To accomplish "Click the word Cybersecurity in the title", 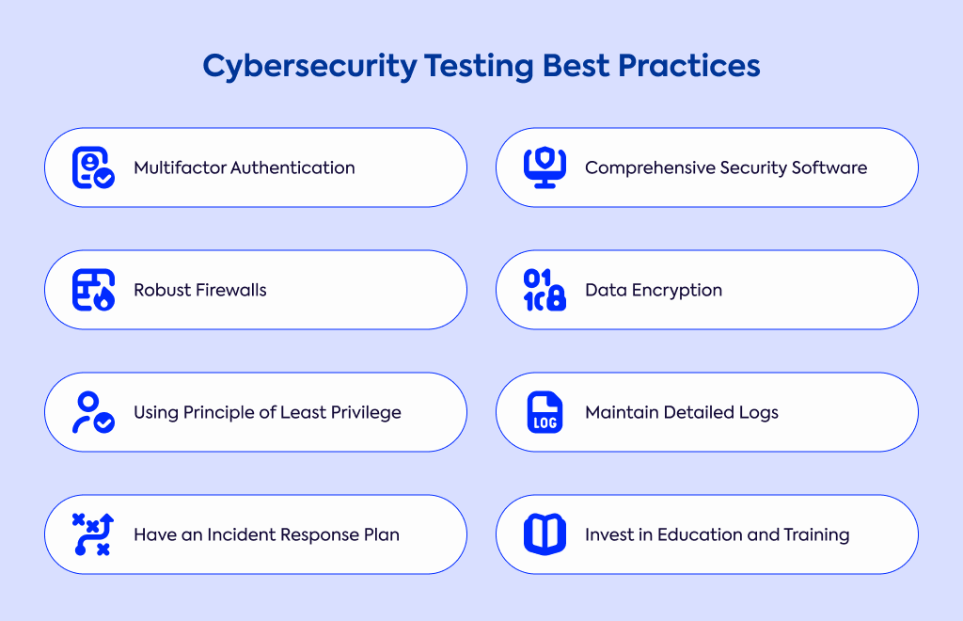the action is click(309, 67).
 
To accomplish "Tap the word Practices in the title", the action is click(689, 65).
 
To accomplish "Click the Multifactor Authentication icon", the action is click(93, 167).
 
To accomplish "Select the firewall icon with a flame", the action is click(93, 289).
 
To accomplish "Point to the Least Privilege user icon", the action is click(93, 412).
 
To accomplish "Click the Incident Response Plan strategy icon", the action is click(93, 534).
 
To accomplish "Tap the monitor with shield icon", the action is click(545, 167).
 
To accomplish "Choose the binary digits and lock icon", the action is click(545, 289).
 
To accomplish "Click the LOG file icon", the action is click(545, 412).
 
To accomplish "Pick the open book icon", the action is click(545, 534).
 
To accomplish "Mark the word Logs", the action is click(759, 413).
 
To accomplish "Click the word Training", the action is click(816, 535).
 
